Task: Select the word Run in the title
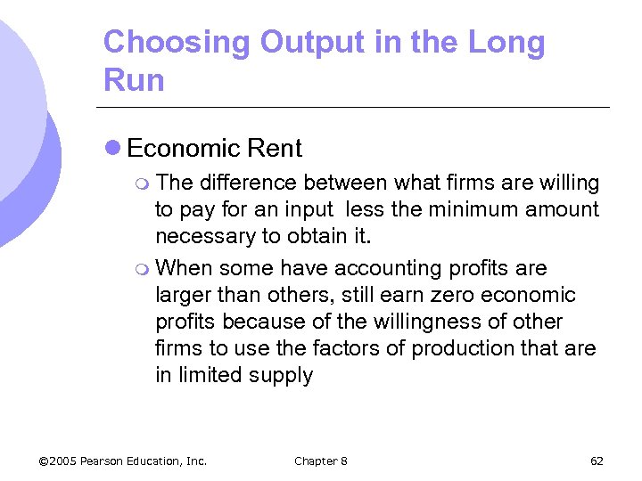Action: point(134,80)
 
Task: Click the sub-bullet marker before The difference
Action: point(144,184)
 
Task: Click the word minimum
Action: point(474,210)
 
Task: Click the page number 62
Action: point(597,461)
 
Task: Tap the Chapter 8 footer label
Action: point(321,461)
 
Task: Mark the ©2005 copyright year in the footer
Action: point(59,461)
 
